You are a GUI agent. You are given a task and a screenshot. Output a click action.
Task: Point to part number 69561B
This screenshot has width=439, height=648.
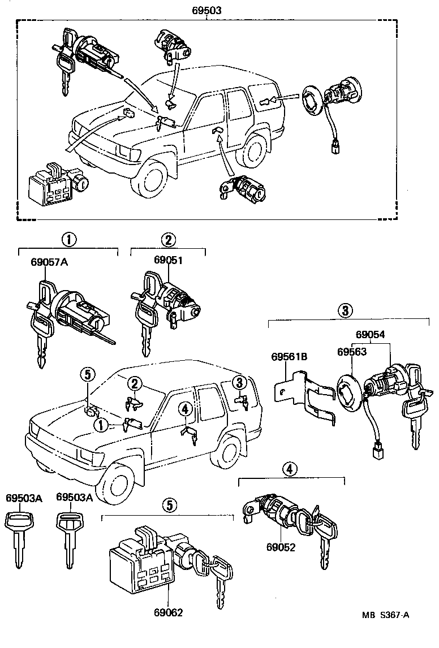pyautogui.click(x=289, y=357)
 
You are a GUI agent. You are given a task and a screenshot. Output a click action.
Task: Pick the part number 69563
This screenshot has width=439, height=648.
pyautogui.click(x=352, y=351)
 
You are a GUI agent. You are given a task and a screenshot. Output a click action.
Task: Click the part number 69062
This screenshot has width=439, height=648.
pyautogui.click(x=168, y=611)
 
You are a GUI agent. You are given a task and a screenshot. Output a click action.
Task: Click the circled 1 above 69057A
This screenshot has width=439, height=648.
pyautogui.click(x=68, y=239)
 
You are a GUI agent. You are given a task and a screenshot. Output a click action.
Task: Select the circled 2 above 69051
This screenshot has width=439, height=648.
pyautogui.click(x=168, y=239)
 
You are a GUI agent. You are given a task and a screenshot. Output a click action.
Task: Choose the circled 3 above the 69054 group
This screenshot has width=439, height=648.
pyautogui.click(x=346, y=310)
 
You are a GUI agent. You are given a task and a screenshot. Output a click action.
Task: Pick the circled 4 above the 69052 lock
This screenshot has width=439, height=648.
pyautogui.click(x=290, y=469)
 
